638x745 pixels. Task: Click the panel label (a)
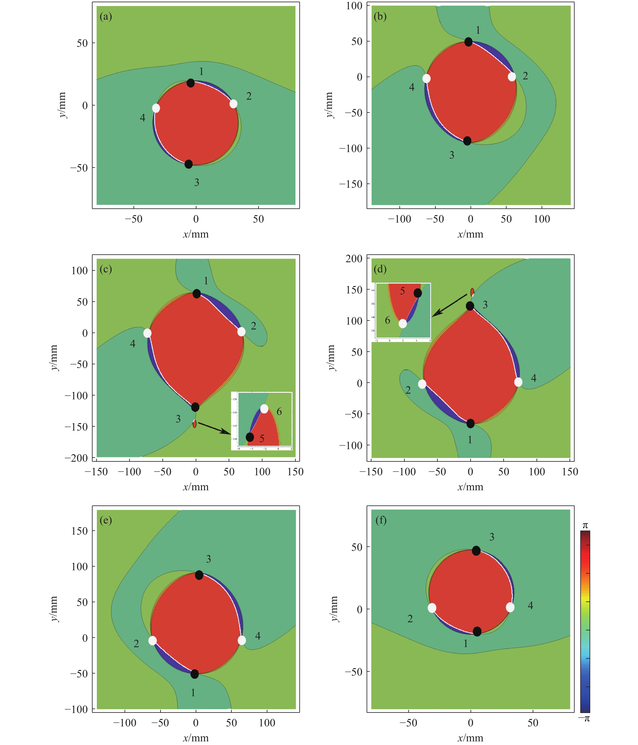(x=106, y=17)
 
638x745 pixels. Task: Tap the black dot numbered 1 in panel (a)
(x=191, y=83)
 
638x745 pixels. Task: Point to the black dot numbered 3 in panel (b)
(x=467, y=141)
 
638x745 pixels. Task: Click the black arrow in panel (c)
(x=214, y=428)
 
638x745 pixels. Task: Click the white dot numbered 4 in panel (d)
(x=518, y=382)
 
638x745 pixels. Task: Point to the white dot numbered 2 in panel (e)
(x=153, y=640)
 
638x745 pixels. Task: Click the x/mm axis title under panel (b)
(x=470, y=234)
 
